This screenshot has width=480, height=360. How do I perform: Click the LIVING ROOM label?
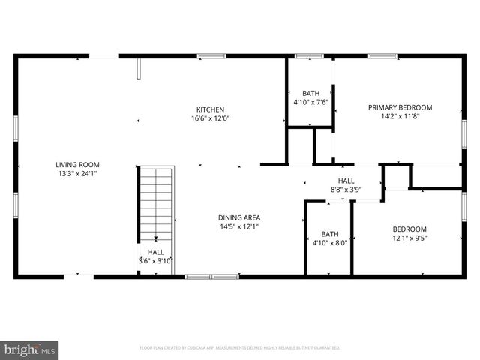[77, 165]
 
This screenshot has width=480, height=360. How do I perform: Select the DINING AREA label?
[240, 217]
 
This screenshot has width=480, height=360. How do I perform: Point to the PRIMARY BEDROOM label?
[400, 107]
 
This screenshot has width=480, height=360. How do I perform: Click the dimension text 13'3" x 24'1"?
[77, 173]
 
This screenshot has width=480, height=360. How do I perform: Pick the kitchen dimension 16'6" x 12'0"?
[210, 118]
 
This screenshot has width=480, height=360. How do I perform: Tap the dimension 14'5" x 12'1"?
[240, 226]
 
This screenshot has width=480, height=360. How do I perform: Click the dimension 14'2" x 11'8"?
[400, 116]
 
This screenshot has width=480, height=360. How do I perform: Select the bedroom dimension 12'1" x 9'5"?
[409, 238]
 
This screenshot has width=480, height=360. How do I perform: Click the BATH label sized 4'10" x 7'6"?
[310, 93]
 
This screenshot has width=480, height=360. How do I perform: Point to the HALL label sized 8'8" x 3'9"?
[346, 181]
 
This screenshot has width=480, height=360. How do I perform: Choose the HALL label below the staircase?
[155, 252]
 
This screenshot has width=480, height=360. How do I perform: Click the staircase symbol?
[155, 202]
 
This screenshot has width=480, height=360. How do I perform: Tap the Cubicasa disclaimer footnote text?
[240, 348]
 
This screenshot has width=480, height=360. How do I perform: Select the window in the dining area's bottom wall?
[212, 277]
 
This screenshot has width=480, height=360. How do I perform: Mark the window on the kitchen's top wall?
[211, 55]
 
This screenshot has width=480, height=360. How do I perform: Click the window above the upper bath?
[304, 55]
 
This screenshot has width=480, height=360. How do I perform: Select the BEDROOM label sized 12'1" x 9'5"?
[409, 229]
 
